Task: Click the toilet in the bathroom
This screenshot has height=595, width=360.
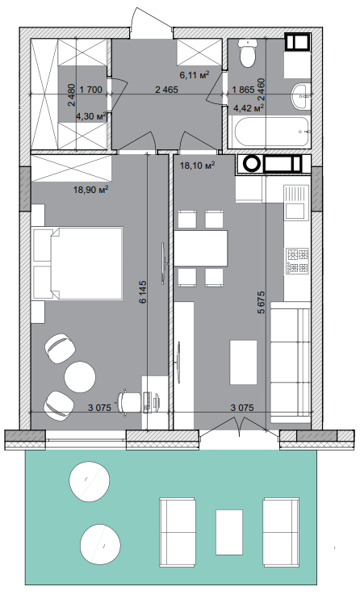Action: [247, 53]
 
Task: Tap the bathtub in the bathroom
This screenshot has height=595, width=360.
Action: [271, 132]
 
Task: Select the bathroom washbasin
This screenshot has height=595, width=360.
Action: [301, 95]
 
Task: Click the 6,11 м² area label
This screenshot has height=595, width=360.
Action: [195, 75]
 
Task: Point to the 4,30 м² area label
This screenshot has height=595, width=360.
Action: [90, 116]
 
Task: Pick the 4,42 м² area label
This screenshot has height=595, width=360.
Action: [249, 108]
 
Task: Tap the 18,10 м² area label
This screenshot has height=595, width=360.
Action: [197, 165]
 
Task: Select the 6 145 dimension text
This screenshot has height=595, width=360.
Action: [143, 292]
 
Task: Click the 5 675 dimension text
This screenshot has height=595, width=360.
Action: [261, 302]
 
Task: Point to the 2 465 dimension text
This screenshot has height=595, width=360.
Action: [166, 90]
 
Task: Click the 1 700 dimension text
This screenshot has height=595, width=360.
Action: [91, 90]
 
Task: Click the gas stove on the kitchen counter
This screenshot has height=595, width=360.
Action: [298, 261]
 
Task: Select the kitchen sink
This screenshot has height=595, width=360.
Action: [295, 202]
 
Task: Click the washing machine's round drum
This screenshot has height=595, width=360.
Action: [250, 164]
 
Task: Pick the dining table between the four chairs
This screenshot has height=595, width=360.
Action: [201, 248]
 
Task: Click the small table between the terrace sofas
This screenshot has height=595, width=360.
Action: [229, 532]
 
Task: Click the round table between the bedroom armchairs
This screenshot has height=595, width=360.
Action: [80, 377]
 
